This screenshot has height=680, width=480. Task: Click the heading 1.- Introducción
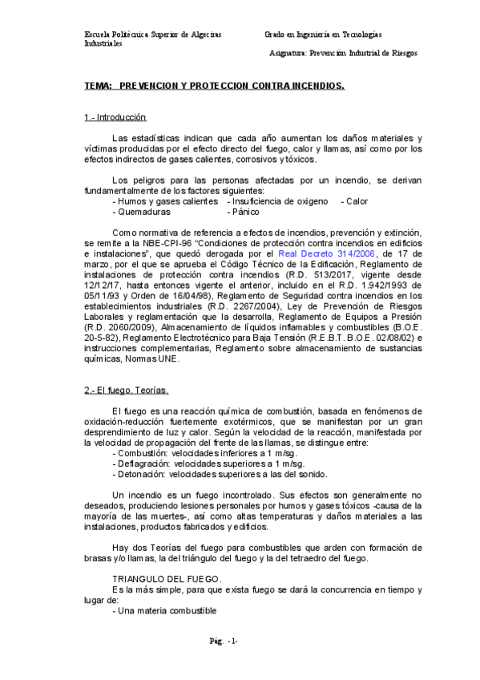115,118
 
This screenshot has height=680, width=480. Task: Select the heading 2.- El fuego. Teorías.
127,390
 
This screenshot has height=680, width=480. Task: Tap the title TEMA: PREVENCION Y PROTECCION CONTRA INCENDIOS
215,84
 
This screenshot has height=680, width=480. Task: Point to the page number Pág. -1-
222,641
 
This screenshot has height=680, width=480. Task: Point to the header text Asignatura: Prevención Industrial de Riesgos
345,53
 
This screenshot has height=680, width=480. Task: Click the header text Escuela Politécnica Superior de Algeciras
153,35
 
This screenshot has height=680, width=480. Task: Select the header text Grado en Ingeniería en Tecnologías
324,35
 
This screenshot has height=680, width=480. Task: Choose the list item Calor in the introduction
354,202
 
